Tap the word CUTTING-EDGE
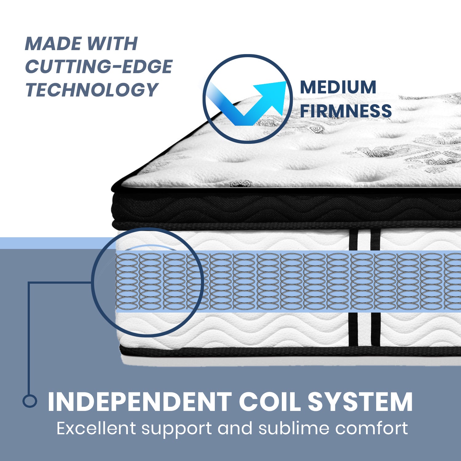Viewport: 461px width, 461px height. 99,67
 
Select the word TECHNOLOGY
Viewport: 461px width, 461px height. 92,90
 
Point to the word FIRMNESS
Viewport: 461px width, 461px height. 346,111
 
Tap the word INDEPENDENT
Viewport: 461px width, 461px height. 140,402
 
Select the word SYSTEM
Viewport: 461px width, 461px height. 360,402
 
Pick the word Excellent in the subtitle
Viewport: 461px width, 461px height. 96,428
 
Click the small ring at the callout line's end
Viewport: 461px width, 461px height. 30,401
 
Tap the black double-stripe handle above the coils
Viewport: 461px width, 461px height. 365,240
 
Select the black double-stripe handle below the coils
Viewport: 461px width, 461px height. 365,329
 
